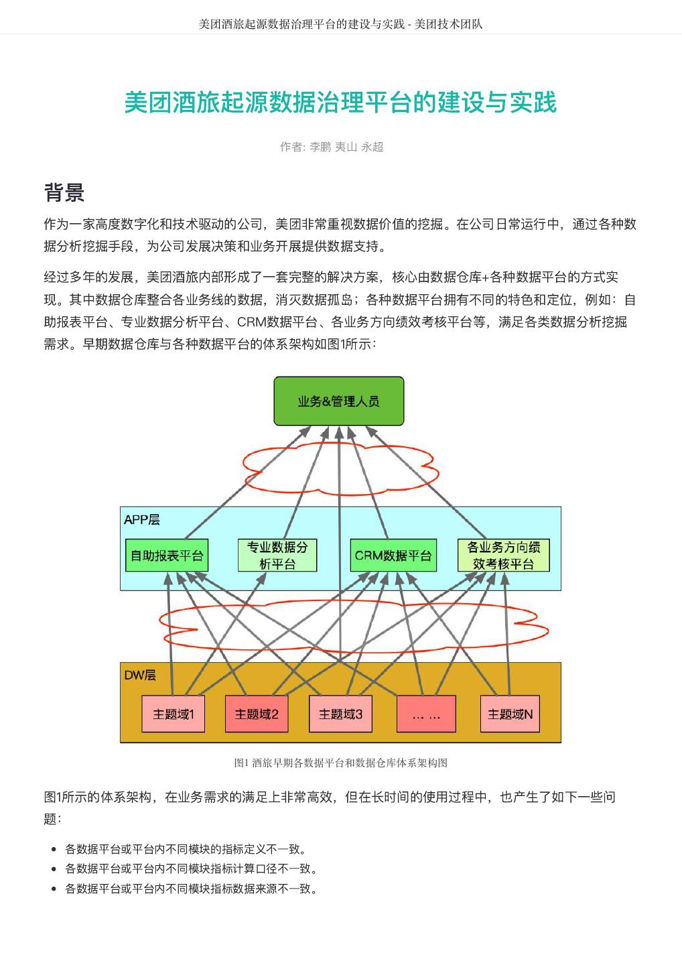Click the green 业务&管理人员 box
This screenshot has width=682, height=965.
coord(339,401)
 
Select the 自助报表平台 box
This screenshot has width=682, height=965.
coord(166,555)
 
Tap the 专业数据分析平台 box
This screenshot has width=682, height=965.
coord(277,555)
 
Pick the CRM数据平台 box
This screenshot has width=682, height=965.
coord(393,555)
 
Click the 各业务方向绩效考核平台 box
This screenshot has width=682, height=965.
coord(504,555)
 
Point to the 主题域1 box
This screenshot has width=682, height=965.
coord(174,714)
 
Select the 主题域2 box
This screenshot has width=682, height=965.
coord(257,714)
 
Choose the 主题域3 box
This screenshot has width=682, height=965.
coord(340,714)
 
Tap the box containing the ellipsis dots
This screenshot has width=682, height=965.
coord(426,714)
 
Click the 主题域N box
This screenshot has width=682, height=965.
coord(510,714)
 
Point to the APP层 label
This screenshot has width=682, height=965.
coord(141,519)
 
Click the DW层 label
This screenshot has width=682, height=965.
coord(140,675)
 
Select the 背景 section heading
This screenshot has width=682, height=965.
coord(64,192)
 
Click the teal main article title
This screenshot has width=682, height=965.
coord(340,103)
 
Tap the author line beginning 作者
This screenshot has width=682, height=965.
coord(332,147)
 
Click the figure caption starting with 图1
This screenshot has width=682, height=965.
coord(340,763)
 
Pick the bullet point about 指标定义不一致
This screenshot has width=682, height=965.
coord(186,849)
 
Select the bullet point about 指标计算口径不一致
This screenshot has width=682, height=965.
coord(191,868)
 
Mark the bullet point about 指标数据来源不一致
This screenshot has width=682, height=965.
coord(191,889)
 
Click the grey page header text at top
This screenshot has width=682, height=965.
coord(340,24)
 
